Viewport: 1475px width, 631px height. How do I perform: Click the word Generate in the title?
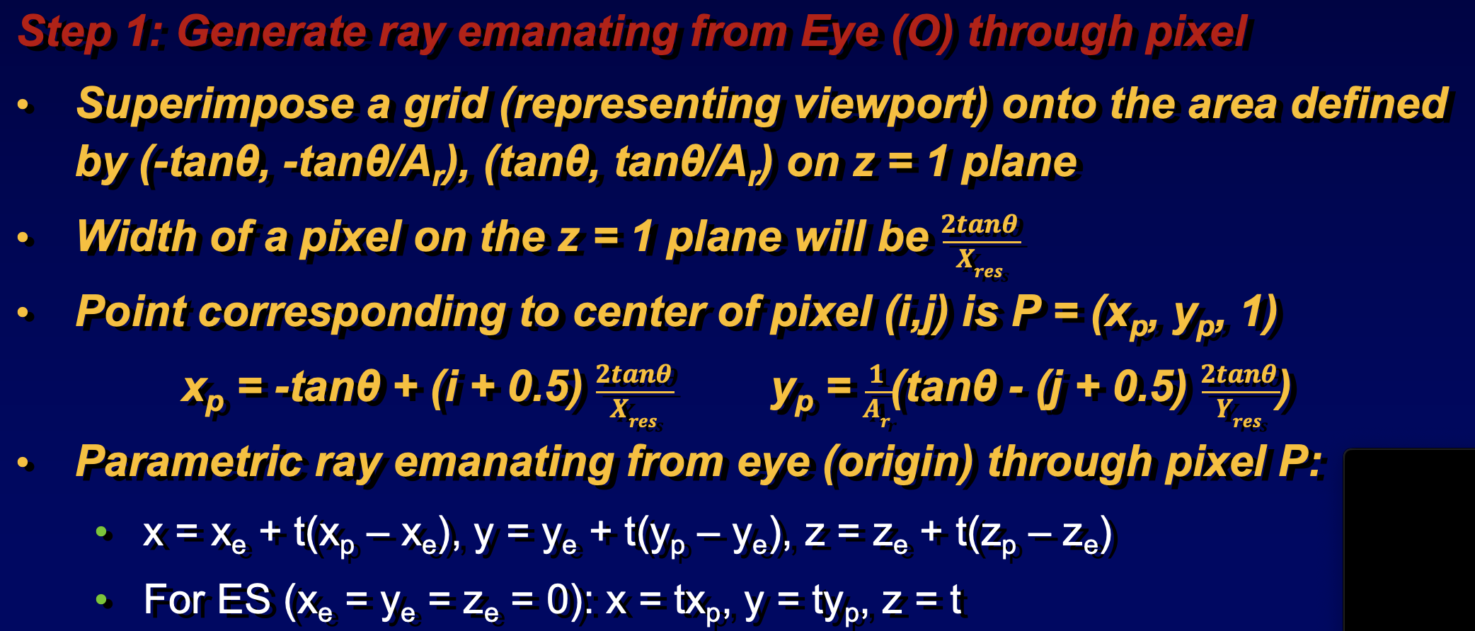click(x=272, y=33)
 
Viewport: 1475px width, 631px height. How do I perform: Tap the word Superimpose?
click(x=215, y=105)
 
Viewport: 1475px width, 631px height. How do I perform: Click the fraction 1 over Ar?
click(x=876, y=395)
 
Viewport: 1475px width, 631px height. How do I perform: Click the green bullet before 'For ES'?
click(x=102, y=600)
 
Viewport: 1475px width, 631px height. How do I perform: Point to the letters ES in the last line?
click(x=243, y=600)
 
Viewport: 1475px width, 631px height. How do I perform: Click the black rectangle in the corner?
click(x=1409, y=540)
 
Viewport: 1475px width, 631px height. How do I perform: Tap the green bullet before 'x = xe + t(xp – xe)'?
click(x=102, y=531)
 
